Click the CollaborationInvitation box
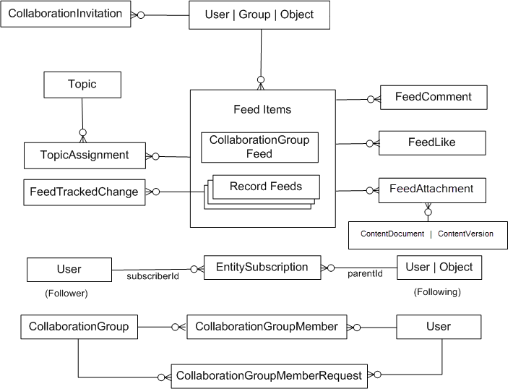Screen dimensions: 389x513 coord(66,14)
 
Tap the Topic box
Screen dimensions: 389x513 coord(82,85)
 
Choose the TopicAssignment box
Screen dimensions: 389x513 coord(85,155)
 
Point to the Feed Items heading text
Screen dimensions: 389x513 coord(262,110)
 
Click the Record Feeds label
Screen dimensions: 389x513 coord(265,187)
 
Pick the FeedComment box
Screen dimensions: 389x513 coord(434,97)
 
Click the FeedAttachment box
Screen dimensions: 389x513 coord(431,189)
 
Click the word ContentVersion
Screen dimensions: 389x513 coord(465,234)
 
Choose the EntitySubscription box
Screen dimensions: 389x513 coord(262,268)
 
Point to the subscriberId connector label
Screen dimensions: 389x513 coord(150,275)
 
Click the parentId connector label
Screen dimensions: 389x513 coord(365,274)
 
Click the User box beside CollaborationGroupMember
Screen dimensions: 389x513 coord(438,327)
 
